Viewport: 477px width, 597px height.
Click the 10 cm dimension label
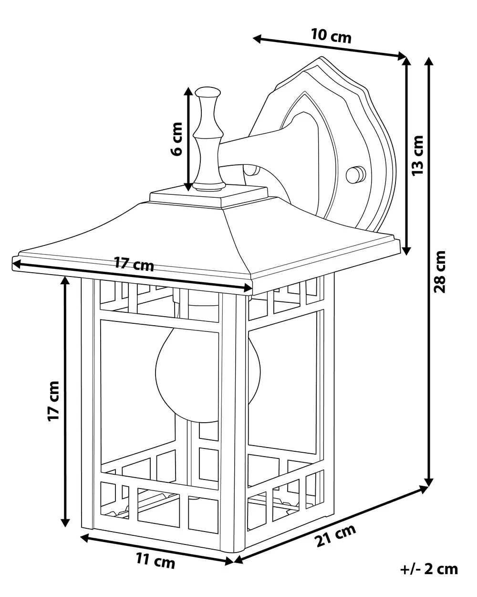coord(331,36)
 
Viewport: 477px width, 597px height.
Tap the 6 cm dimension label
coord(176,139)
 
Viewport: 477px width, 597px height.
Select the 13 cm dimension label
coord(418,155)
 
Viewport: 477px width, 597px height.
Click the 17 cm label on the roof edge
coord(134,264)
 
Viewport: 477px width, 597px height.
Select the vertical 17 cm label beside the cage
coord(53,401)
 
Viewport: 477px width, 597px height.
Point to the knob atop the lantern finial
coord(207,92)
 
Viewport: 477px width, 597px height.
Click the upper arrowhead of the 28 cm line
coord(429,62)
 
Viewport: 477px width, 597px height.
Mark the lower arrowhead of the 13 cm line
coord(406,250)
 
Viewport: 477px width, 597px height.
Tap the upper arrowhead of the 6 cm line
coord(188,92)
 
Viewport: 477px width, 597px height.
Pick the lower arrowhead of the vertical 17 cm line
coord(65,522)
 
